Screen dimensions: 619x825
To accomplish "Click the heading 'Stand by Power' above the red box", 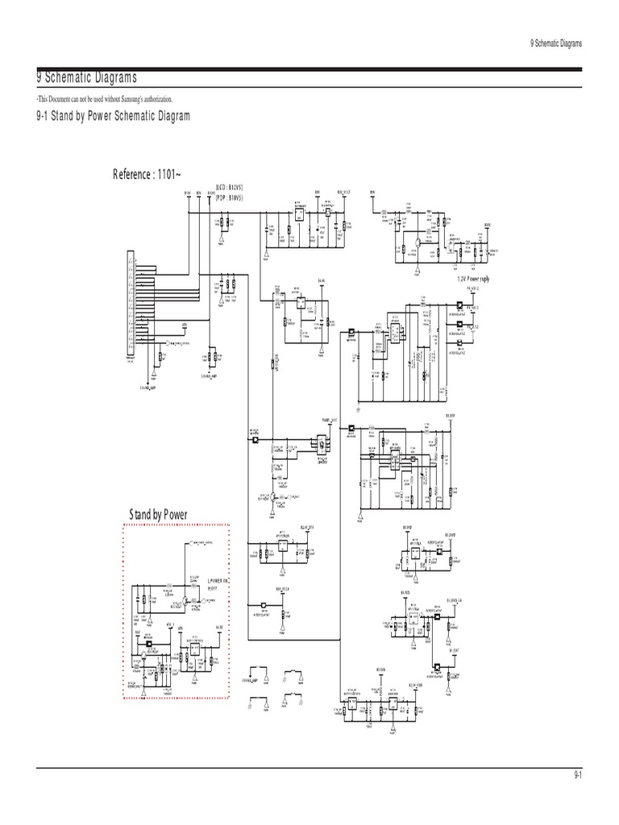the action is point(158,514).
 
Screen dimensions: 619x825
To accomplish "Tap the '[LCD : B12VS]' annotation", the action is point(231,187).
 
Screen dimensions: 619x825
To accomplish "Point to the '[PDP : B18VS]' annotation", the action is point(231,197).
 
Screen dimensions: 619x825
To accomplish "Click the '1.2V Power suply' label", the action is point(473,279).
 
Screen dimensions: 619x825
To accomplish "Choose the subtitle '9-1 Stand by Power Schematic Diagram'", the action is point(113,117).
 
